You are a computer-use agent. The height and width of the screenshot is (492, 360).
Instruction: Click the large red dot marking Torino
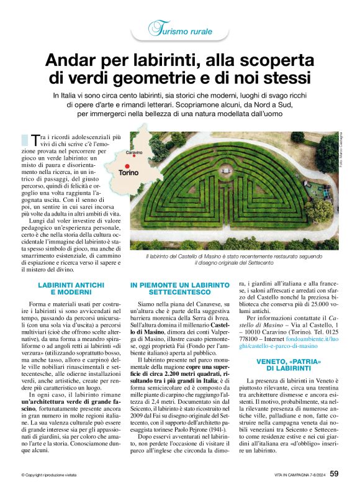click(127, 165)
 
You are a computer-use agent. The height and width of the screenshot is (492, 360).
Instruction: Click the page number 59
click(334, 474)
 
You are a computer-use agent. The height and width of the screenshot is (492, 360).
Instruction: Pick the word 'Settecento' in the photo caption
click(273, 262)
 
